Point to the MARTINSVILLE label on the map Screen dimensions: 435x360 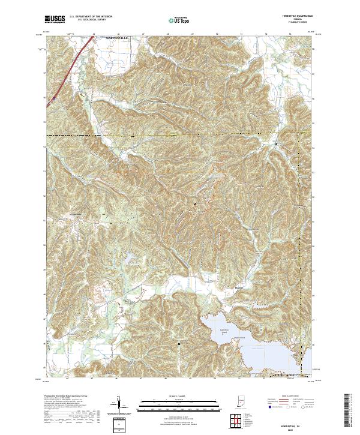(x=118, y=38)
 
